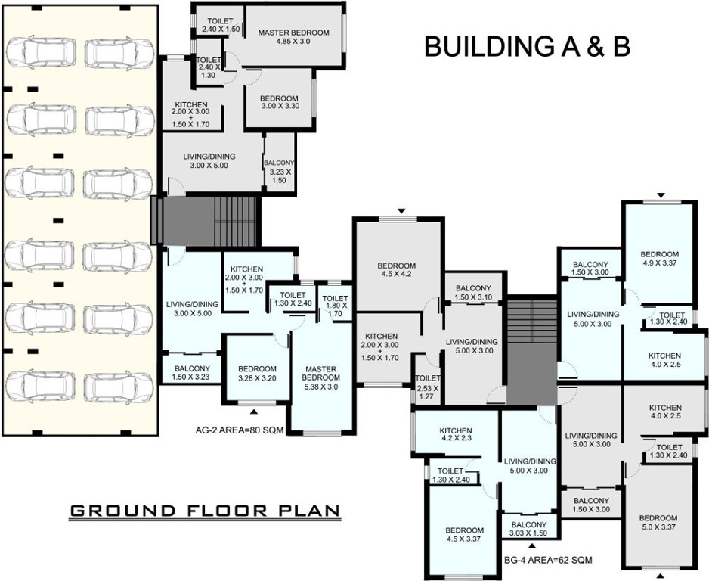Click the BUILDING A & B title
[x=527, y=46]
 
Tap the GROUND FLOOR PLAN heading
[x=204, y=511]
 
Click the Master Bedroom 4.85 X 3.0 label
[x=293, y=37]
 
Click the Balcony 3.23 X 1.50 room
[x=278, y=166]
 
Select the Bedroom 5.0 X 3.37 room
[x=659, y=523]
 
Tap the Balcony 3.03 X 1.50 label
[x=528, y=528]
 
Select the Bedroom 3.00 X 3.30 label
[x=279, y=103]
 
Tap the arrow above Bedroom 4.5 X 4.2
[x=401, y=211]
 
